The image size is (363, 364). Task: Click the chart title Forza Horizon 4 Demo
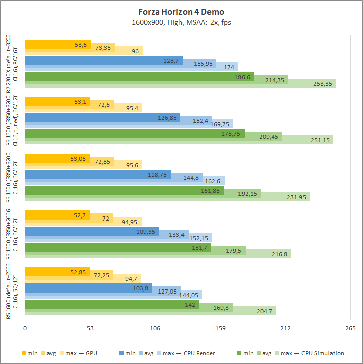(181, 11)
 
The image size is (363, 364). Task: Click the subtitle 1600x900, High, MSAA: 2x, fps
(181, 22)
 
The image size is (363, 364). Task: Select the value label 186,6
(243, 77)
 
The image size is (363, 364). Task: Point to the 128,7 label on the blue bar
(172, 60)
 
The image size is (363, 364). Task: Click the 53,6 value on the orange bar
(81, 44)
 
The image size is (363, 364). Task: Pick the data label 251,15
(320, 140)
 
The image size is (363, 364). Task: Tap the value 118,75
(158, 174)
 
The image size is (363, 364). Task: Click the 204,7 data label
(264, 311)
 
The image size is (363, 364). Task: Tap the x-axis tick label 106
(155, 329)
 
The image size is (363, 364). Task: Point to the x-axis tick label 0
(25, 329)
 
